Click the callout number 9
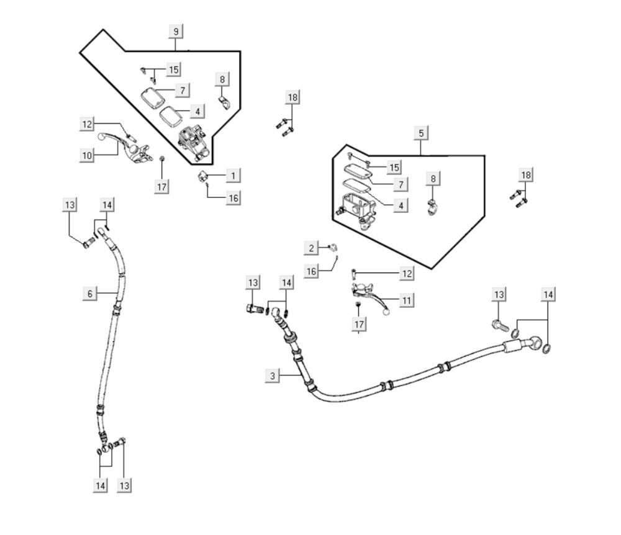176,31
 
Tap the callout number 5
421,133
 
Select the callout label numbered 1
233,176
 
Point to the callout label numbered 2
311,249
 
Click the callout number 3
272,375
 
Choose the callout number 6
90,294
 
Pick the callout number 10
87,155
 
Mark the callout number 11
406,301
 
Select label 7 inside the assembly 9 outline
182,91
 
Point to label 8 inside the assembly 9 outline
222,79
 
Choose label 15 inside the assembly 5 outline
394,167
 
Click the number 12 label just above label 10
87,125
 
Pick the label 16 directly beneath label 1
233,198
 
